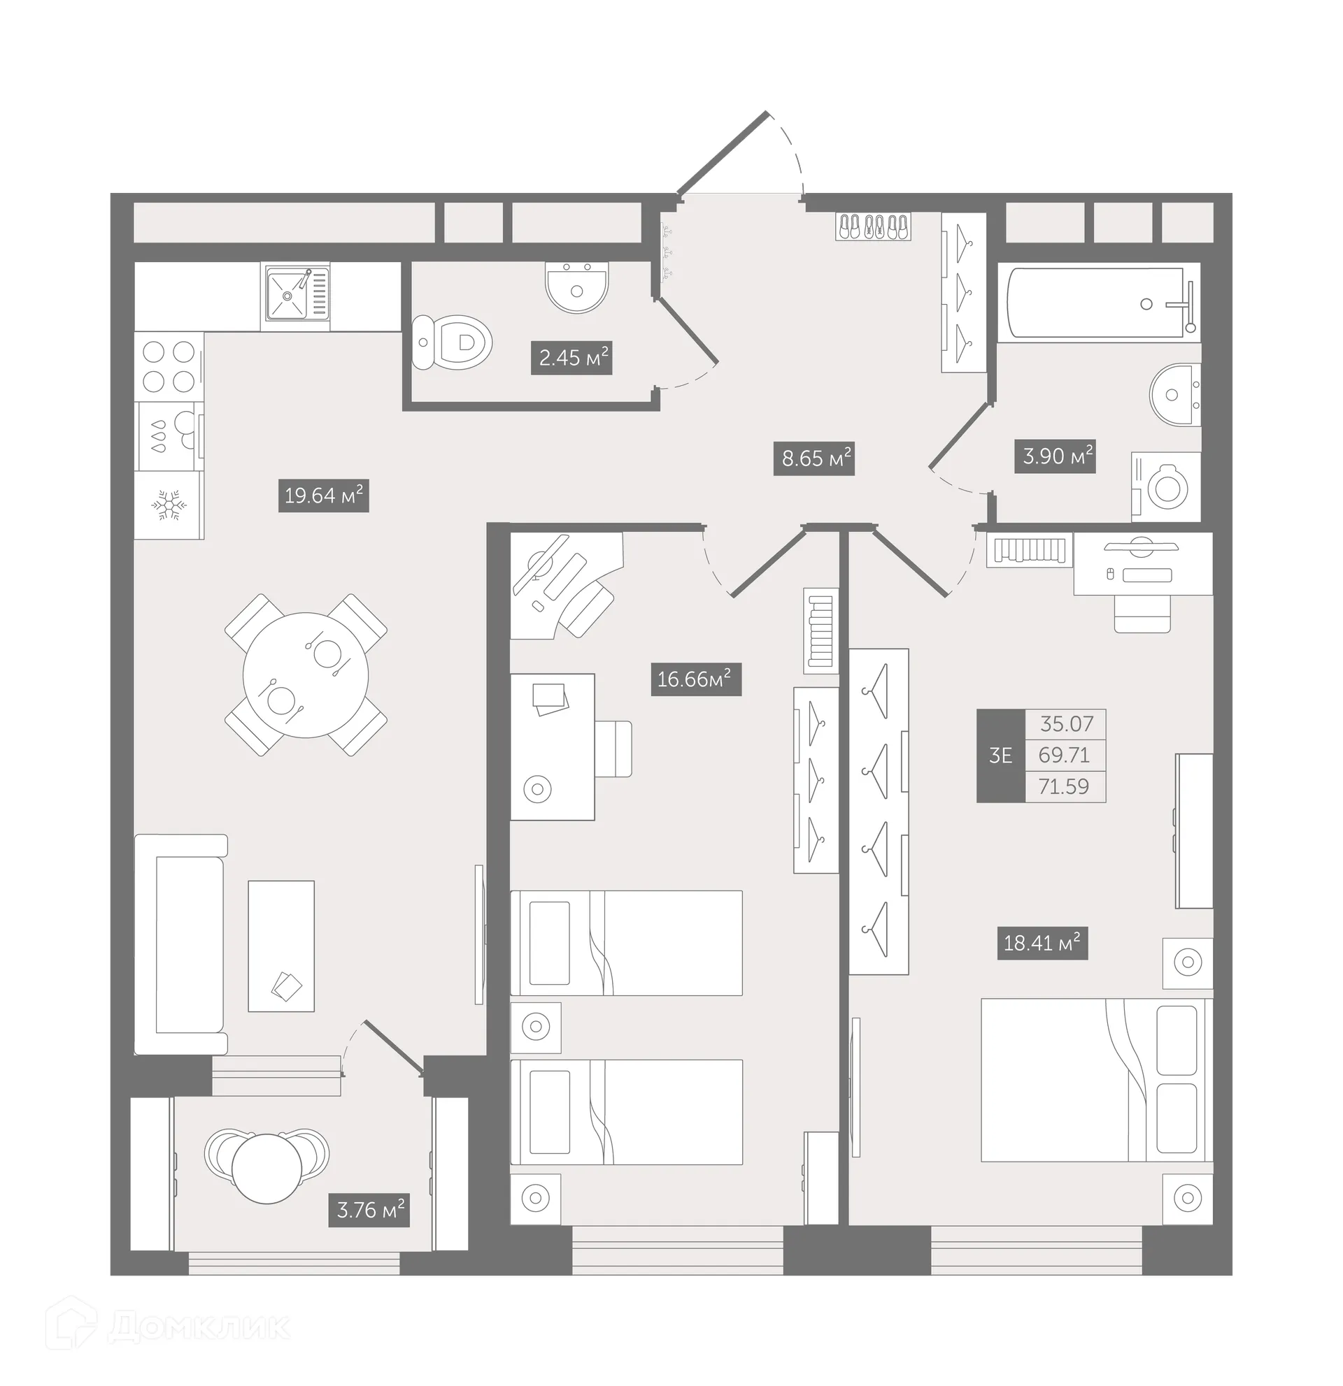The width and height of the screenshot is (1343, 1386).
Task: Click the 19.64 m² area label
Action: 323,496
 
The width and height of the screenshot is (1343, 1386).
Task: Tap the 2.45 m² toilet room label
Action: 571,358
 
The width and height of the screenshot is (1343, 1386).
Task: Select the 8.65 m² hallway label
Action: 814,459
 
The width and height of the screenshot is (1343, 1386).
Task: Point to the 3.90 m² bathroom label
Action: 1056,456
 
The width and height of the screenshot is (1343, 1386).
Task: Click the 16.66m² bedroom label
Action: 695,679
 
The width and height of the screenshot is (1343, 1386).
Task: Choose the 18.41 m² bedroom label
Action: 1042,943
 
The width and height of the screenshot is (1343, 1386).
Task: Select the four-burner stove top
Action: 169,366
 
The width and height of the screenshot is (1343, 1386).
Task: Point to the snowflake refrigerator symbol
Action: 169,505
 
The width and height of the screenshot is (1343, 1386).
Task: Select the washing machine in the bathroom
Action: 1166,487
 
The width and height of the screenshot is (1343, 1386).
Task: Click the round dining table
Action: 306,675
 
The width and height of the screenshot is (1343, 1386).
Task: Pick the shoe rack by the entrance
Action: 873,227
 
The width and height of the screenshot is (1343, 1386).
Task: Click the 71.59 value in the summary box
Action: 1064,786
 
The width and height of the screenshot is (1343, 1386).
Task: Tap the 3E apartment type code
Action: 1000,756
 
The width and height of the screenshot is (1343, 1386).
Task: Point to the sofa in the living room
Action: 181,945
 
